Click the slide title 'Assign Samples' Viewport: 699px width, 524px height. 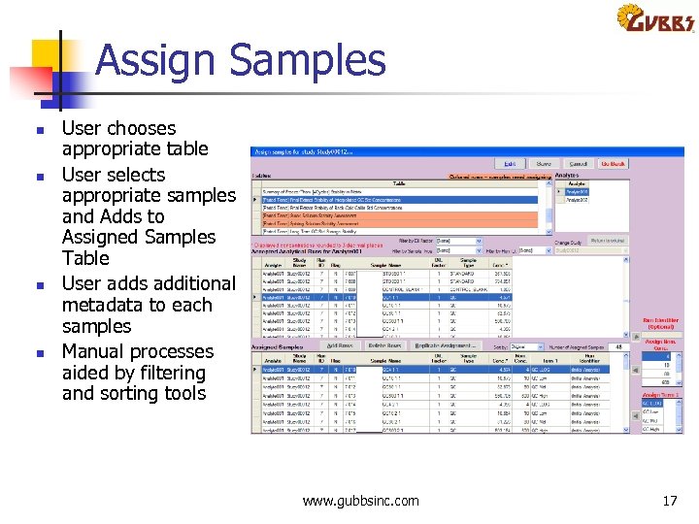240,60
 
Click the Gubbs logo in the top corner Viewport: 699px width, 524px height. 655,19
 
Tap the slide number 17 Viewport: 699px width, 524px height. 669,501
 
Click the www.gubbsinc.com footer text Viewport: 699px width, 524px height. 360,501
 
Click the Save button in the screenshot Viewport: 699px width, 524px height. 544,164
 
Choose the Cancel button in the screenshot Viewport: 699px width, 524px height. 579,164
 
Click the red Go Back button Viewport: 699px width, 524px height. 613,164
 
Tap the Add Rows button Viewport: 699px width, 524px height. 339,345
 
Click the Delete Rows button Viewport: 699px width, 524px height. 385,345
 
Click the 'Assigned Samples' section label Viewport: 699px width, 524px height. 280,345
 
